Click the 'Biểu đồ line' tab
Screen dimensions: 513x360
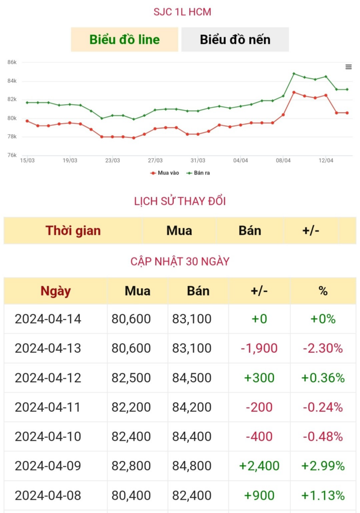[x=124, y=40]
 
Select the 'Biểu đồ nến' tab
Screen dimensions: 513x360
[x=235, y=40]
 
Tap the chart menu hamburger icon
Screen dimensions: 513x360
[x=348, y=67]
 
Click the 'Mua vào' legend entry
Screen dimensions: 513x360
[x=165, y=173]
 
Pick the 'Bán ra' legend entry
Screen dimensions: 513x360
[x=198, y=173]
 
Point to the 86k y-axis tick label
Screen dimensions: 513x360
[x=12, y=62]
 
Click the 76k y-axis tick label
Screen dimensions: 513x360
[x=12, y=155]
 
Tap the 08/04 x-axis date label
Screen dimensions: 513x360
[x=283, y=161]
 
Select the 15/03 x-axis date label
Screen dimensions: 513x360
[x=27, y=161]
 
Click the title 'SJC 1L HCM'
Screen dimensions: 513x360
[x=182, y=12]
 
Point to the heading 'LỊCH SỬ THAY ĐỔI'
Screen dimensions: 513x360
[x=180, y=201]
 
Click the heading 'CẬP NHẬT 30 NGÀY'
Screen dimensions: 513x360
[x=180, y=262]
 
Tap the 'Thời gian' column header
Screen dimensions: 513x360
[x=73, y=230]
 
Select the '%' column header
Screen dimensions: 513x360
[x=323, y=291]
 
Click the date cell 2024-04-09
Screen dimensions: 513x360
[x=48, y=466]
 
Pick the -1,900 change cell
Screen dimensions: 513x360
[x=259, y=348]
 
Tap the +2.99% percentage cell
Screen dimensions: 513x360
[x=323, y=466]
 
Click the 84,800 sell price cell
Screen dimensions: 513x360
[x=192, y=466]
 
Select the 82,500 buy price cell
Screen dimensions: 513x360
[x=131, y=378]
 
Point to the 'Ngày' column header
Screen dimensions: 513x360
[x=56, y=291]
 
